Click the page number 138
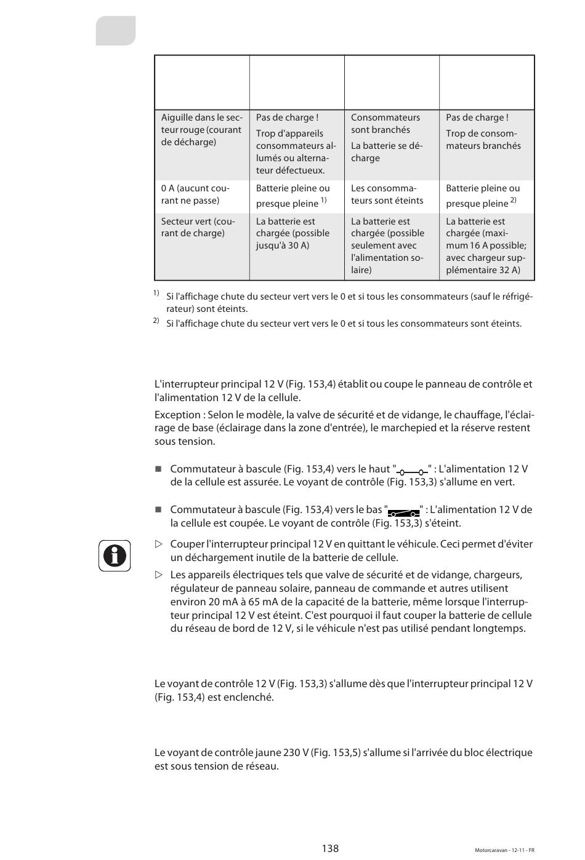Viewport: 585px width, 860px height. click(330, 848)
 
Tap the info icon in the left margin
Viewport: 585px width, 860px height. click(115, 555)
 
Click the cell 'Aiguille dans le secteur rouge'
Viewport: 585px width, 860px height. click(201, 130)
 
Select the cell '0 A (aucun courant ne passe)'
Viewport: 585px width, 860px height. click(201, 194)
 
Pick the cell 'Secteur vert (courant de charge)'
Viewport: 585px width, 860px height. click(201, 228)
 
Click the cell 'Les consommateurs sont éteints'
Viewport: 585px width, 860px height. click(391, 194)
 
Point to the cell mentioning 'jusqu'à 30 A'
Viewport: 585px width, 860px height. click(296, 234)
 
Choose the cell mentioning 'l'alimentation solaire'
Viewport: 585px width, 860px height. click(391, 246)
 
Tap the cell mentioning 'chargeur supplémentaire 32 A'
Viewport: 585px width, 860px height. click(486, 246)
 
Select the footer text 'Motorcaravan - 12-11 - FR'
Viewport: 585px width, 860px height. click(504, 850)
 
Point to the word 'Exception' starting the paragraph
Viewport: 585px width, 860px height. click(177, 415)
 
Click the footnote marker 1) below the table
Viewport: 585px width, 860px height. click(156, 293)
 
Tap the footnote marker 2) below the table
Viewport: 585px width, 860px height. click(156, 321)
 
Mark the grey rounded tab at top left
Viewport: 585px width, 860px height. click(116, 31)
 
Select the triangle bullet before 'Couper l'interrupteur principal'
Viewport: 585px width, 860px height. click(159, 544)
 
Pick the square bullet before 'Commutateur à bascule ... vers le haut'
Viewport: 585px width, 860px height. click(158, 469)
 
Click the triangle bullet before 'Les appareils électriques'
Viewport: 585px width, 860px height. click(159, 575)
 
